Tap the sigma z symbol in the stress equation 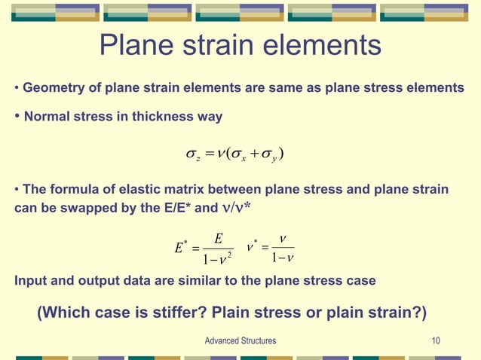click(x=193, y=155)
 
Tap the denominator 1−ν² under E click(x=217, y=260)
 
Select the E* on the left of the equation click(x=180, y=248)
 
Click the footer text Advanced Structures click(x=240, y=341)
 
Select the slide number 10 click(x=436, y=341)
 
